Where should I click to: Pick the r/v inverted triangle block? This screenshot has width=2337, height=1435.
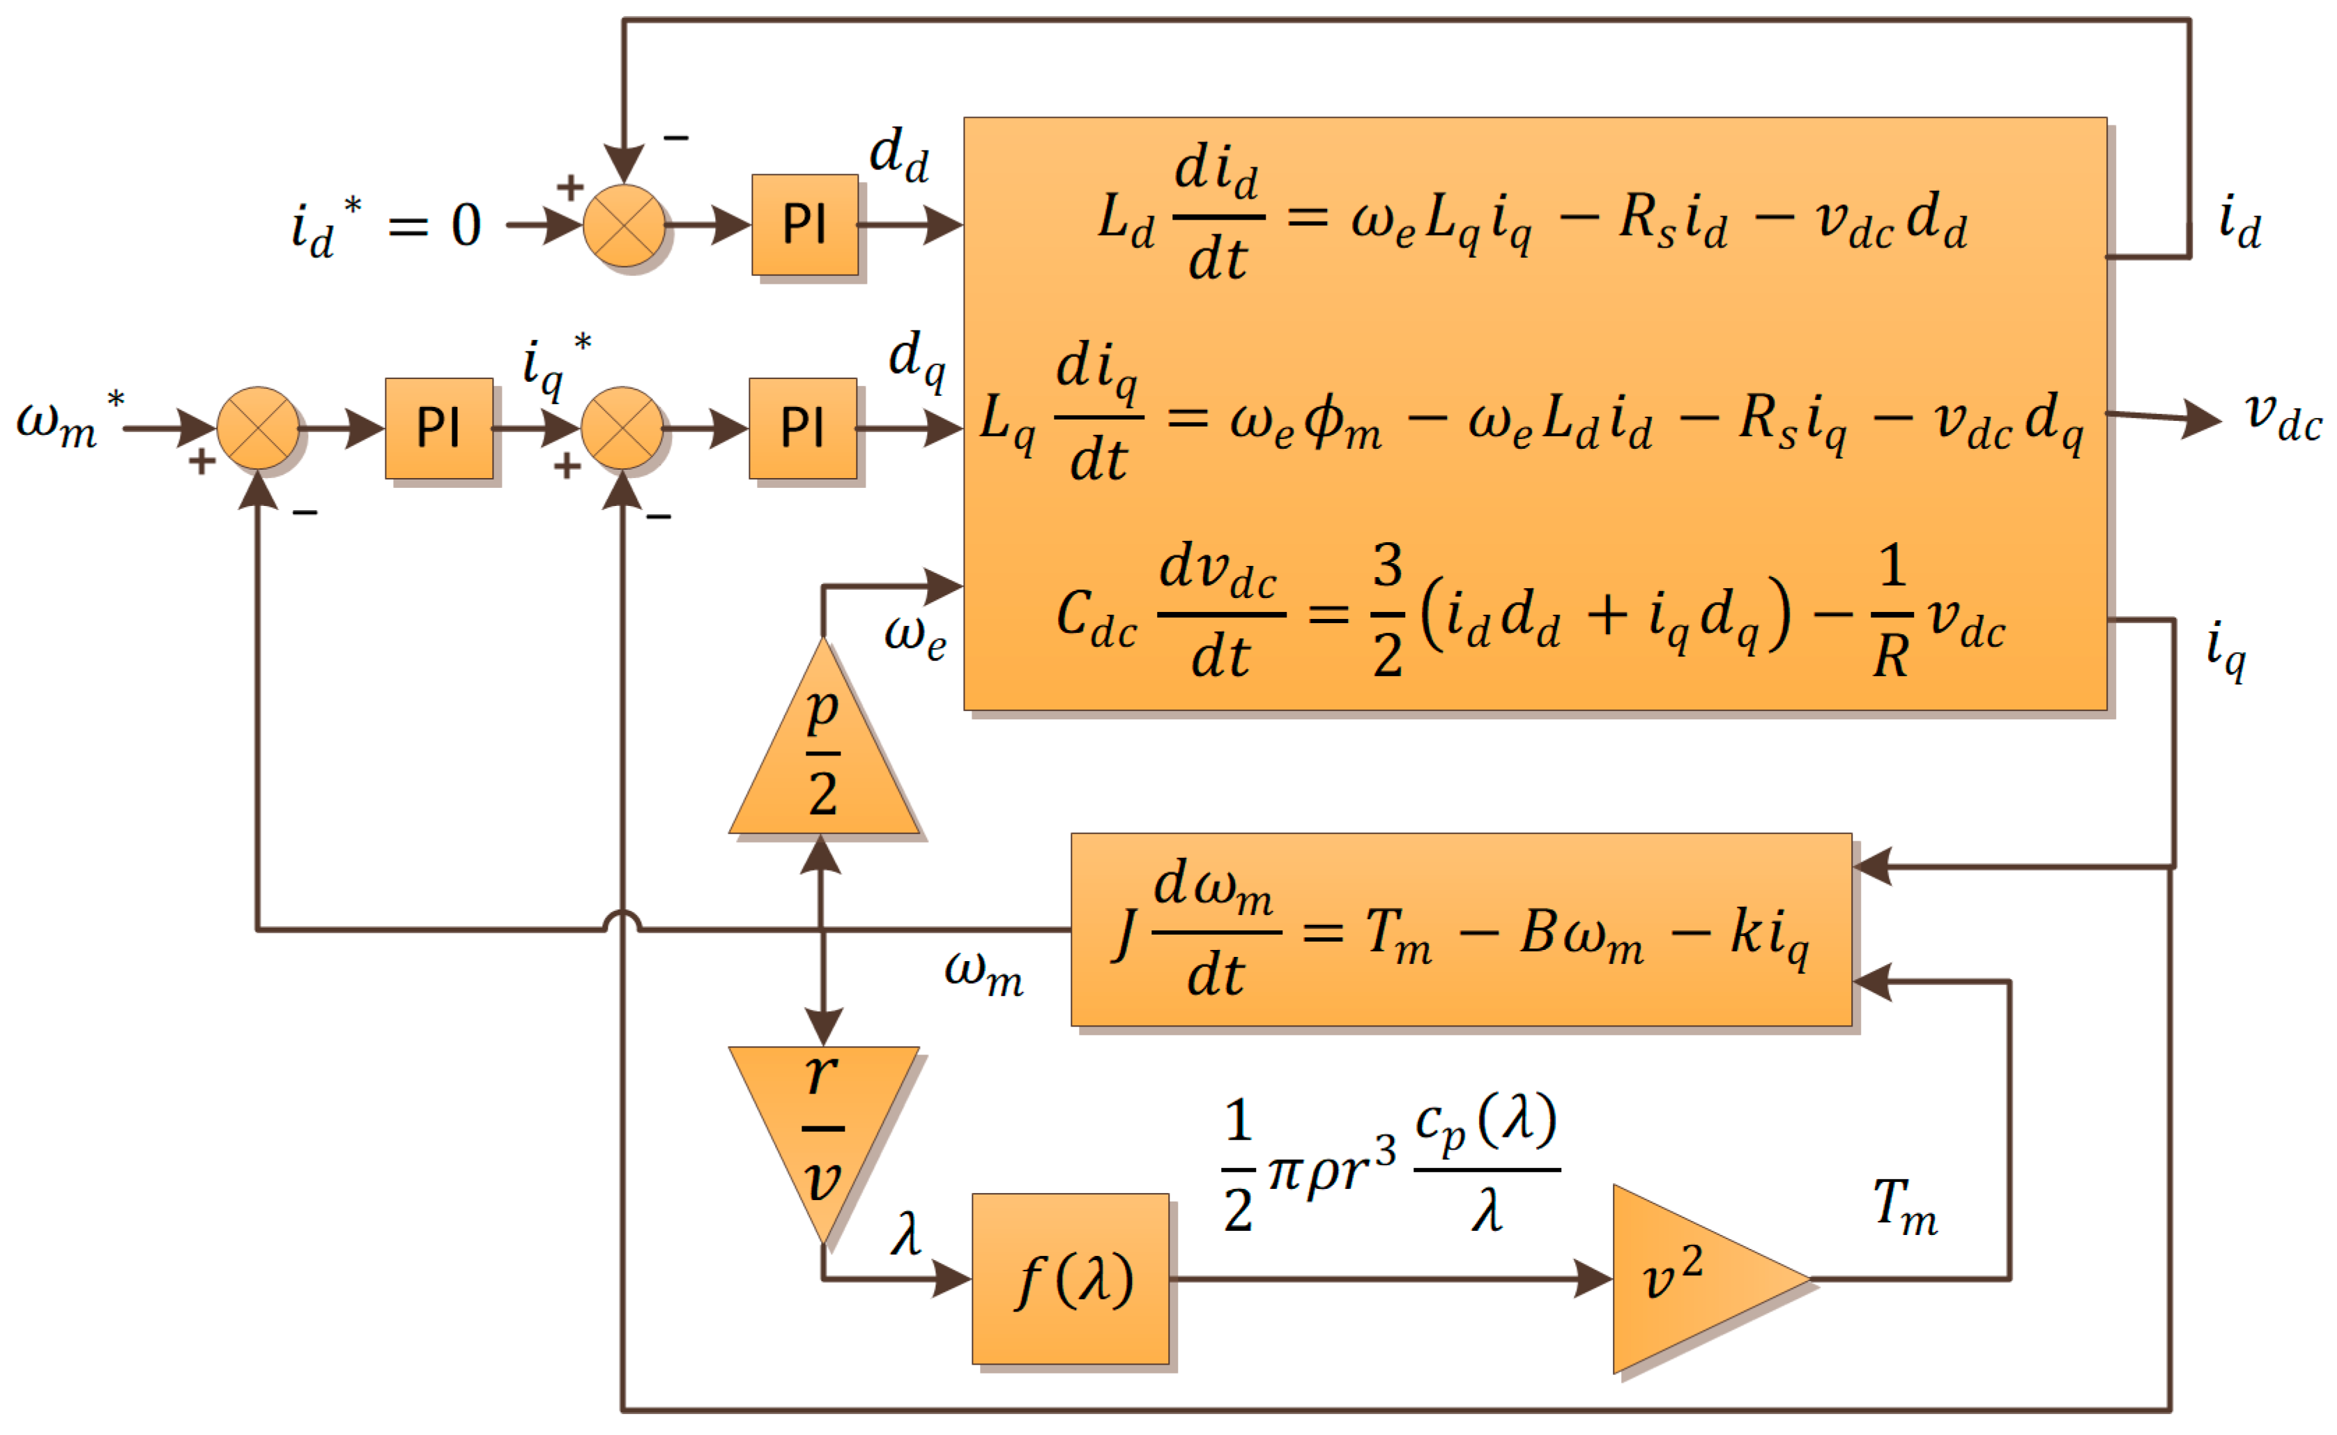point(822,1120)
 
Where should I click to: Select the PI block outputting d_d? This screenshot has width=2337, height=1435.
point(804,225)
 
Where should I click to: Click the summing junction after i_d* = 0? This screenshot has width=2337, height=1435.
point(623,225)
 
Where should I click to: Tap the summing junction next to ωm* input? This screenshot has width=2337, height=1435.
point(258,428)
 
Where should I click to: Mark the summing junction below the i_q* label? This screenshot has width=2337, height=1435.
point(622,428)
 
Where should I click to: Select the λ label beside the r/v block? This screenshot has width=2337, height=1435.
point(906,1234)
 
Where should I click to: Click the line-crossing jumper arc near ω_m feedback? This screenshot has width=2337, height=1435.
point(622,921)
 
